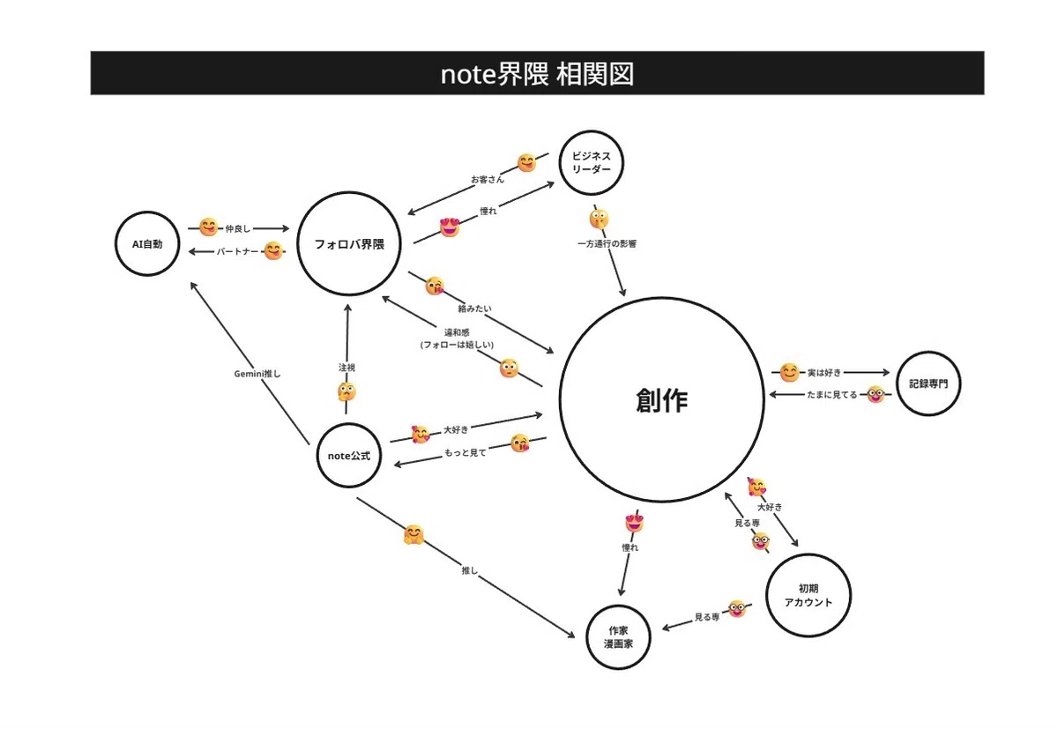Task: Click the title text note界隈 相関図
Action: pos(537,74)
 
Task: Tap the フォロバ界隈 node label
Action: pos(349,244)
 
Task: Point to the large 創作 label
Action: pos(662,400)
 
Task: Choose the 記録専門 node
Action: pos(928,383)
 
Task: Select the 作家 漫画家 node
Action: pos(618,637)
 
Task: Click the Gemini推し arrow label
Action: pos(257,374)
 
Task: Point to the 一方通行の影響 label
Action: pos(607,243)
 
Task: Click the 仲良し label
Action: pos(237,228)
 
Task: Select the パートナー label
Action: pos(237,251)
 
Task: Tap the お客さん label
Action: pos(488,180)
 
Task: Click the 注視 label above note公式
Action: pos(346,368)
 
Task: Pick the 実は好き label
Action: pos(824,373)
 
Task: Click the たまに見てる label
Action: pos(831,394)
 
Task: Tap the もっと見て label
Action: pos(466,452)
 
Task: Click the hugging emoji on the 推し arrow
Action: pos(414,534)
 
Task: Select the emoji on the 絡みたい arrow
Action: pos(435,286)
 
